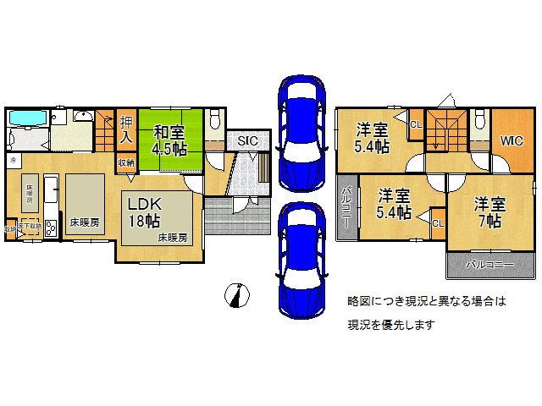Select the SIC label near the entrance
247,140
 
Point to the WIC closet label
511,140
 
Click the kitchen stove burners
50,227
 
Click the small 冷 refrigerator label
13,158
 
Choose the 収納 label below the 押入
125,163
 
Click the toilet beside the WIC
479,118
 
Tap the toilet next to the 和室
214,118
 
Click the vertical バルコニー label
346,208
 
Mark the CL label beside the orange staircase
415,124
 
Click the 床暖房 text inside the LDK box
173,239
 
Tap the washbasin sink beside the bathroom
83,116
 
